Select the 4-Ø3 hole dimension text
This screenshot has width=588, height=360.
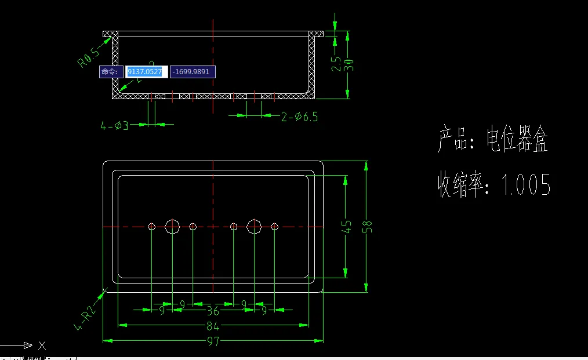tap(115, 125)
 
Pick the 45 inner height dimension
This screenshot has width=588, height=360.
tap(346, 226)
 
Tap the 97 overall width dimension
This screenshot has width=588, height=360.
tap(213, 341)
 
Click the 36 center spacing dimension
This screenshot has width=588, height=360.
tap(213, 310)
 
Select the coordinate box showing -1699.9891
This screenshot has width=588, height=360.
tap(193, 71)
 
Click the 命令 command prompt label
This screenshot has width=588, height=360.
tap(110, 71)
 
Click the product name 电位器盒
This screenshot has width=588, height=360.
tap(517, 140)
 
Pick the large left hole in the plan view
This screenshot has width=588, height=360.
tap(172, 226)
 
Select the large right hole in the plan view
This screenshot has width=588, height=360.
tap(254, 226)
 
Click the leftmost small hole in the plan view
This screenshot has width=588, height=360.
tap(151, 226)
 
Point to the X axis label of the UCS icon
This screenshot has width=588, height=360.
tap(42, 346)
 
